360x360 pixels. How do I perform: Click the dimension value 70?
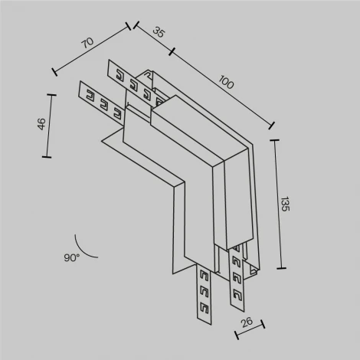pos(87,41)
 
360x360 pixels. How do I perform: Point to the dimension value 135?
pos(285,204)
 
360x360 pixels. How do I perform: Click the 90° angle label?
pos(72,259)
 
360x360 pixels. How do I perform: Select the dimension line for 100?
pos(222,89)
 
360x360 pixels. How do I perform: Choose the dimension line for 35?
pos(153,40)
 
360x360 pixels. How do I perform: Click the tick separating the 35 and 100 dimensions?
pos(171,52)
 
